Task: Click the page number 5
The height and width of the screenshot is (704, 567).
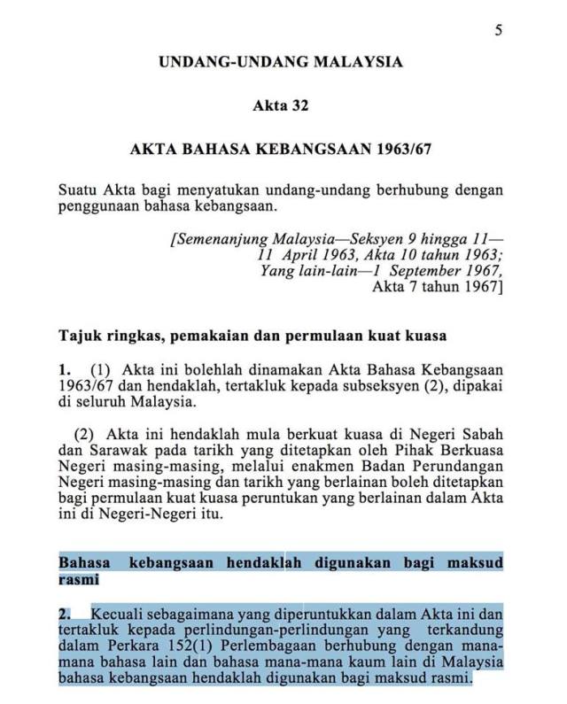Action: (499, 30)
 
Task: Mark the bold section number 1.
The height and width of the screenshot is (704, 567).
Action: (64, 368)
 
